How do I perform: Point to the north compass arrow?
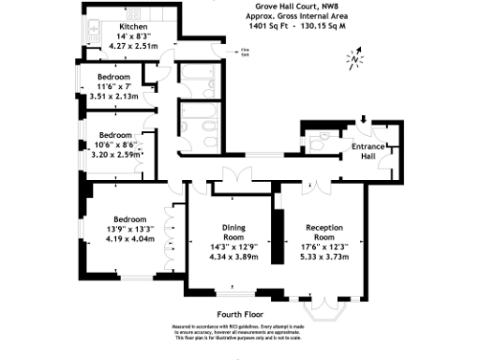click(x=353, y=61)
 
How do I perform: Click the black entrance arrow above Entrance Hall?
click(x=363, y=120)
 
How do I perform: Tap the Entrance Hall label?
click(x=367, y=152)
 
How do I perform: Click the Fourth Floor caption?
click(x=239, y=314)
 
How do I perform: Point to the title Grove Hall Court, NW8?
click(x=286, y=7)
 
